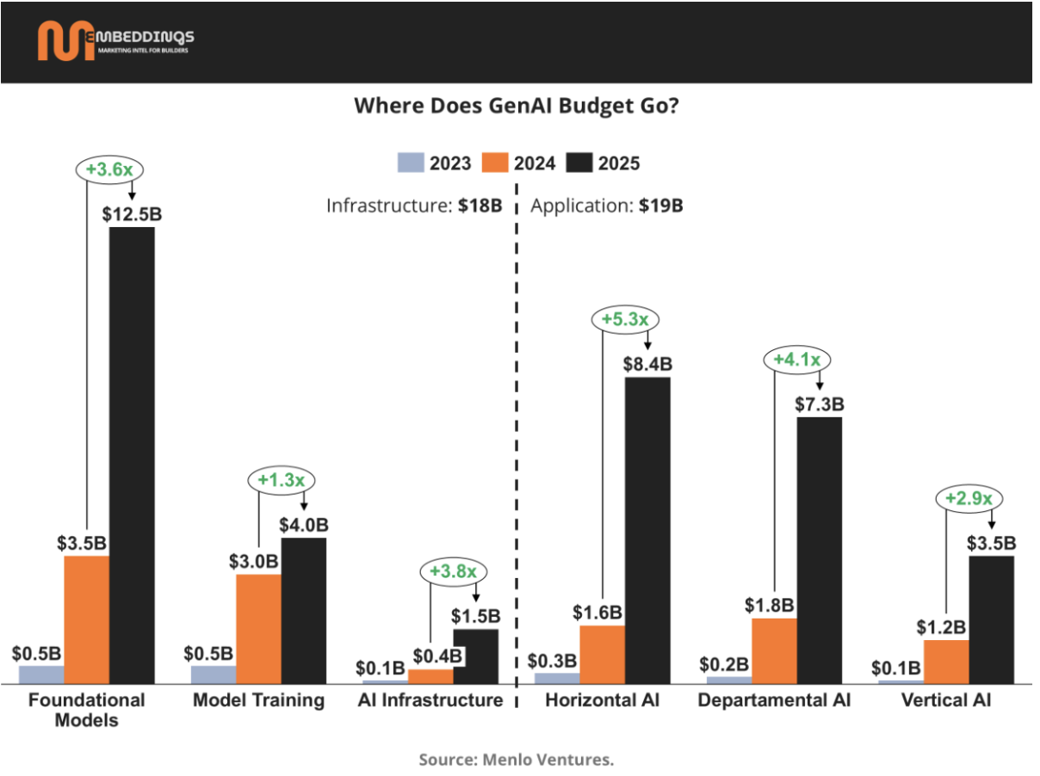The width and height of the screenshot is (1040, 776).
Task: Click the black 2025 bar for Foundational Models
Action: (132, 455)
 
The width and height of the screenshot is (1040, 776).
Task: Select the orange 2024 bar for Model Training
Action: (258, 629)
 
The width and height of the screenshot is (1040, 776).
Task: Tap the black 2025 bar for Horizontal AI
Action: (647, 530)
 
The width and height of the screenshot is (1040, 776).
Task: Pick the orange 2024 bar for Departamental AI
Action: (774, 650)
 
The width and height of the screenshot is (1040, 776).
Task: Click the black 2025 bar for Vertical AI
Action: (992, 619)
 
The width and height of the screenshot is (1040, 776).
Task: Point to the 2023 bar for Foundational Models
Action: (41, 674)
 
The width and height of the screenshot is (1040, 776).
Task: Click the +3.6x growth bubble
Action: (108, 169)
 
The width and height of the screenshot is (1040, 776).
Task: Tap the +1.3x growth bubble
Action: (282, 480)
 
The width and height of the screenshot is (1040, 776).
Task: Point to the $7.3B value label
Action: (820, 403)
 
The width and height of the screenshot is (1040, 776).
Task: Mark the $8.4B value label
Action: (647, 364)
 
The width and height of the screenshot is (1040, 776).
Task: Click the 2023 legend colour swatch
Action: (411, 163)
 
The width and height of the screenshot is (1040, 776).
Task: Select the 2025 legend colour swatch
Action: (581, 163)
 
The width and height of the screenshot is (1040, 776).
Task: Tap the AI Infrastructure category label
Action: (430, 700)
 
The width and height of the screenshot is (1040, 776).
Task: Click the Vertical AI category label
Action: (946, 700)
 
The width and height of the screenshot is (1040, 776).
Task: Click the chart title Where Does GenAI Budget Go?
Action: (519, 106)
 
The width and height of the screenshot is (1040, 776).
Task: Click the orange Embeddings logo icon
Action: (65, 41)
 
